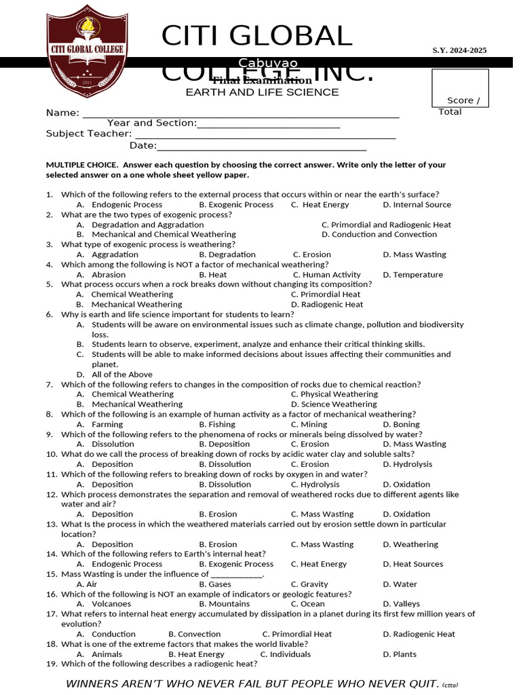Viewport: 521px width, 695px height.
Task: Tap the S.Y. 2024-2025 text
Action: [x=459, y=50]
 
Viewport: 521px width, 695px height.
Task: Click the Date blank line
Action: [x=262, y=147]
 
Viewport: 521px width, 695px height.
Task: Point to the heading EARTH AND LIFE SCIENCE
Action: [x=263, y=92]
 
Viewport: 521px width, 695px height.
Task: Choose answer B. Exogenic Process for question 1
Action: [x=236, y=204]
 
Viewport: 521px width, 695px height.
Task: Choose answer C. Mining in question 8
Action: [x=309, y=424]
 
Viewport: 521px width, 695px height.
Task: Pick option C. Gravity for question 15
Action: [x=309, y=584]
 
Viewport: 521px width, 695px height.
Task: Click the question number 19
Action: [x=51, y=664]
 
